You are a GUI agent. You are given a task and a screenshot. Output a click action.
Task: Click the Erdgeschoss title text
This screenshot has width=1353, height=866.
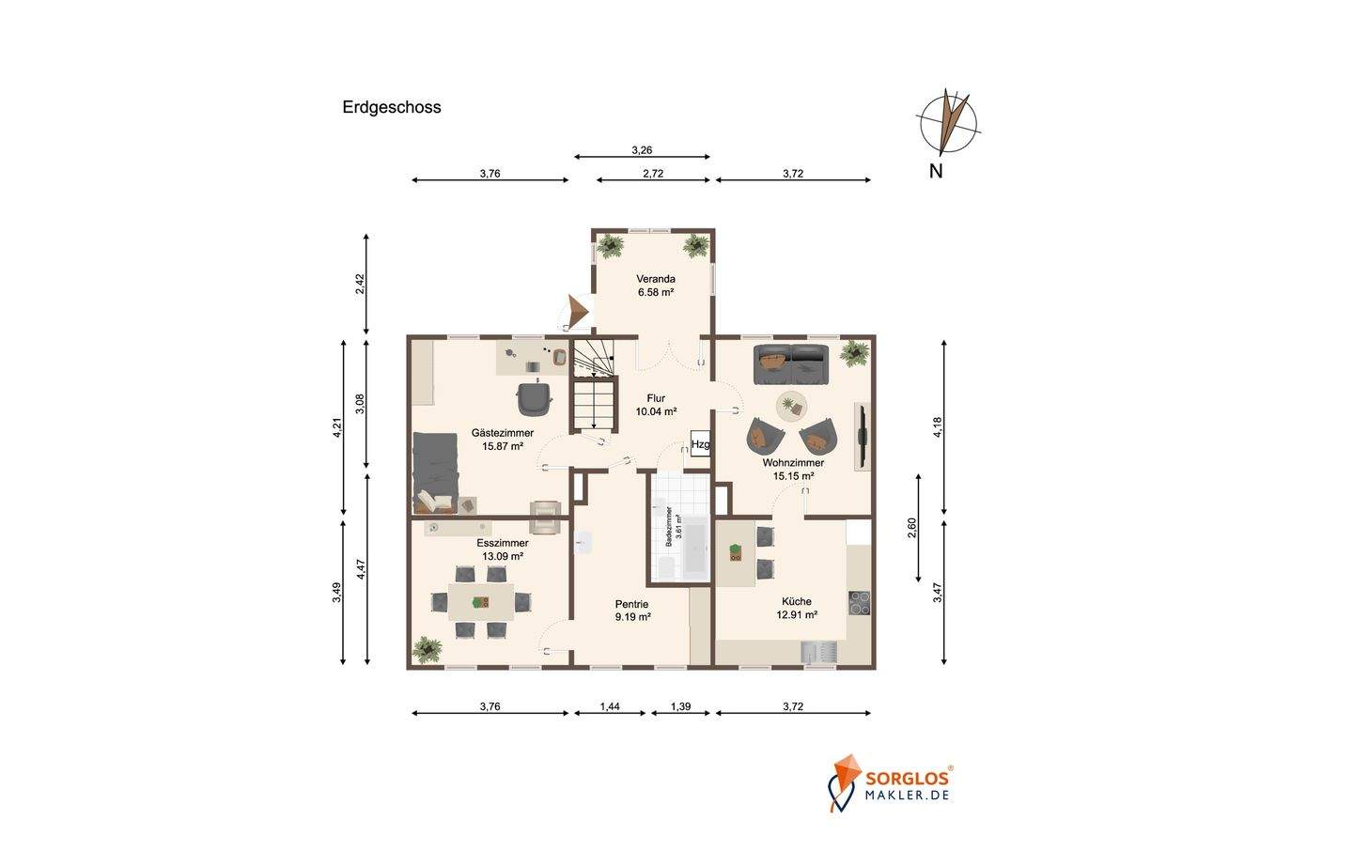(392, 107)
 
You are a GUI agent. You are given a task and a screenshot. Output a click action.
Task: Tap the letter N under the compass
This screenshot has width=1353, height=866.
(936, 172)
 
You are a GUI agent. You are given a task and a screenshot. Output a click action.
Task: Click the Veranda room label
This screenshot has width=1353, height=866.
(656, 279)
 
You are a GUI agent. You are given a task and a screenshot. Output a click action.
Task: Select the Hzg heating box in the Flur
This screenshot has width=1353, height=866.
(700, 444)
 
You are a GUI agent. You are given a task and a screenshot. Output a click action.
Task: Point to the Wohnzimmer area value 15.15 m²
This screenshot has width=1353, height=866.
(793, 476)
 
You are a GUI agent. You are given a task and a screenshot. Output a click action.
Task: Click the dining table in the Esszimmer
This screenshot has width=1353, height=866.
(481, 601)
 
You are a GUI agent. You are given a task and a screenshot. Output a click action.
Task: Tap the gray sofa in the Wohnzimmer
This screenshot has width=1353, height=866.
(790, 363)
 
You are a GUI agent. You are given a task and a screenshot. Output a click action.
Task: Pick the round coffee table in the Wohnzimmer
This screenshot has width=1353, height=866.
(791, 407)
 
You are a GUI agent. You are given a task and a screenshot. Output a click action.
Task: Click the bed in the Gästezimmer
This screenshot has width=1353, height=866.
(436, 472)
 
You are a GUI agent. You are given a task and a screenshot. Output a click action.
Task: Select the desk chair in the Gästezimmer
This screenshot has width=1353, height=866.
(534, 397)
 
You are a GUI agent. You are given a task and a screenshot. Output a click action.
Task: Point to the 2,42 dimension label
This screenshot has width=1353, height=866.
(360, 284)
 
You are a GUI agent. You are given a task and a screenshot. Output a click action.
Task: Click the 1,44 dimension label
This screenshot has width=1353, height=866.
(610, 706)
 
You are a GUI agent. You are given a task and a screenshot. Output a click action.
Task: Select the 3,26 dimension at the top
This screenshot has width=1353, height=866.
(642, 150)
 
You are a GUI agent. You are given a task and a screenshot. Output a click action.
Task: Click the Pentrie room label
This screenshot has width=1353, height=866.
(631, 604)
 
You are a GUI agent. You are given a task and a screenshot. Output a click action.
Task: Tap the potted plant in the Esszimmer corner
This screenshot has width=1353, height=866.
(428, 649)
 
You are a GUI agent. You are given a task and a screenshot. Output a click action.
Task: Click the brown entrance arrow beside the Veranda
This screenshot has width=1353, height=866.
(578, 311)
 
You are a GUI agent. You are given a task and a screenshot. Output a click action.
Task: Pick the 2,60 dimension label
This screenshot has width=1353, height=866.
(912, 528)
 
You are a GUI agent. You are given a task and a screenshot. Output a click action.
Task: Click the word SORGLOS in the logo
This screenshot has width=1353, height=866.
(906, 780)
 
